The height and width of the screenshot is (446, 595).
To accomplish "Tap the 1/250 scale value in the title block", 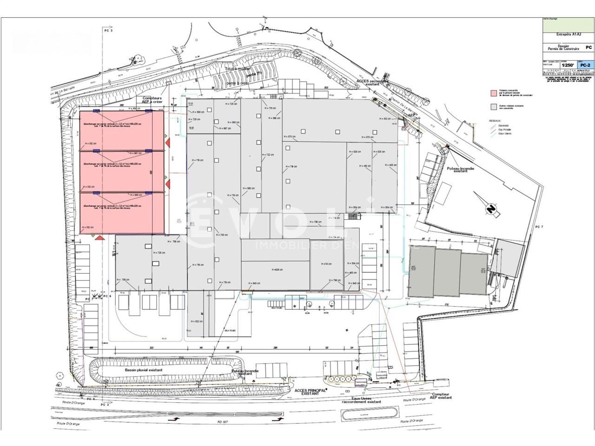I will pyautogui.click(x=567, y=66).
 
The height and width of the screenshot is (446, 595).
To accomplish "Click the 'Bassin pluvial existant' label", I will pyautogui.click(x=144, y=370).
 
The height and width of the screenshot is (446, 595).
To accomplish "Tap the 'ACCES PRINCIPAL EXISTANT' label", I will pyautogui.click(x=311, y=392).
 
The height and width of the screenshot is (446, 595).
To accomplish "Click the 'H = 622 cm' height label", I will pyautogui.click(x=197, y=321).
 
